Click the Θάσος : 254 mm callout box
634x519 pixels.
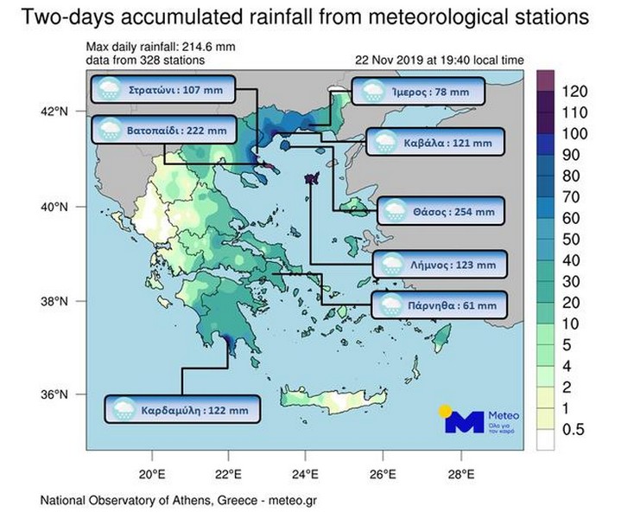[441, 211]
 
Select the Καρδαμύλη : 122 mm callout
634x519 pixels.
[182, 409]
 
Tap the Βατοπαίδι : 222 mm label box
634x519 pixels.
[164, 130]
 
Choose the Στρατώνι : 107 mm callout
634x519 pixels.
[163, 89]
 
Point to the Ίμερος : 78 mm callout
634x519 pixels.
[418, 91]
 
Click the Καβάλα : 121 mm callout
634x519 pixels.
[435, 142]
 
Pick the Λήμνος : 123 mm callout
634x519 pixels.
[440, 265]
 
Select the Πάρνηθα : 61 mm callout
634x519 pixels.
[439, 304]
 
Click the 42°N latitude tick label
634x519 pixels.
[54, 111]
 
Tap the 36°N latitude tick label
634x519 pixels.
[54, 394]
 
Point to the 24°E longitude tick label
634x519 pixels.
[305, 474]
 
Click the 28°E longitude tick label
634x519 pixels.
[461, 474]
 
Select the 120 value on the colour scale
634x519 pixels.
[574, 92]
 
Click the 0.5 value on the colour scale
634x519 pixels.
[574, 429]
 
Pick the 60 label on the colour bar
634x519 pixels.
[571, 218]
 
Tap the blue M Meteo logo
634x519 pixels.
[465, 422]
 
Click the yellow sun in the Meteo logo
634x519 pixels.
[445, 411]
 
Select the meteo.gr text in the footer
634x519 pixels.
[293, 500]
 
